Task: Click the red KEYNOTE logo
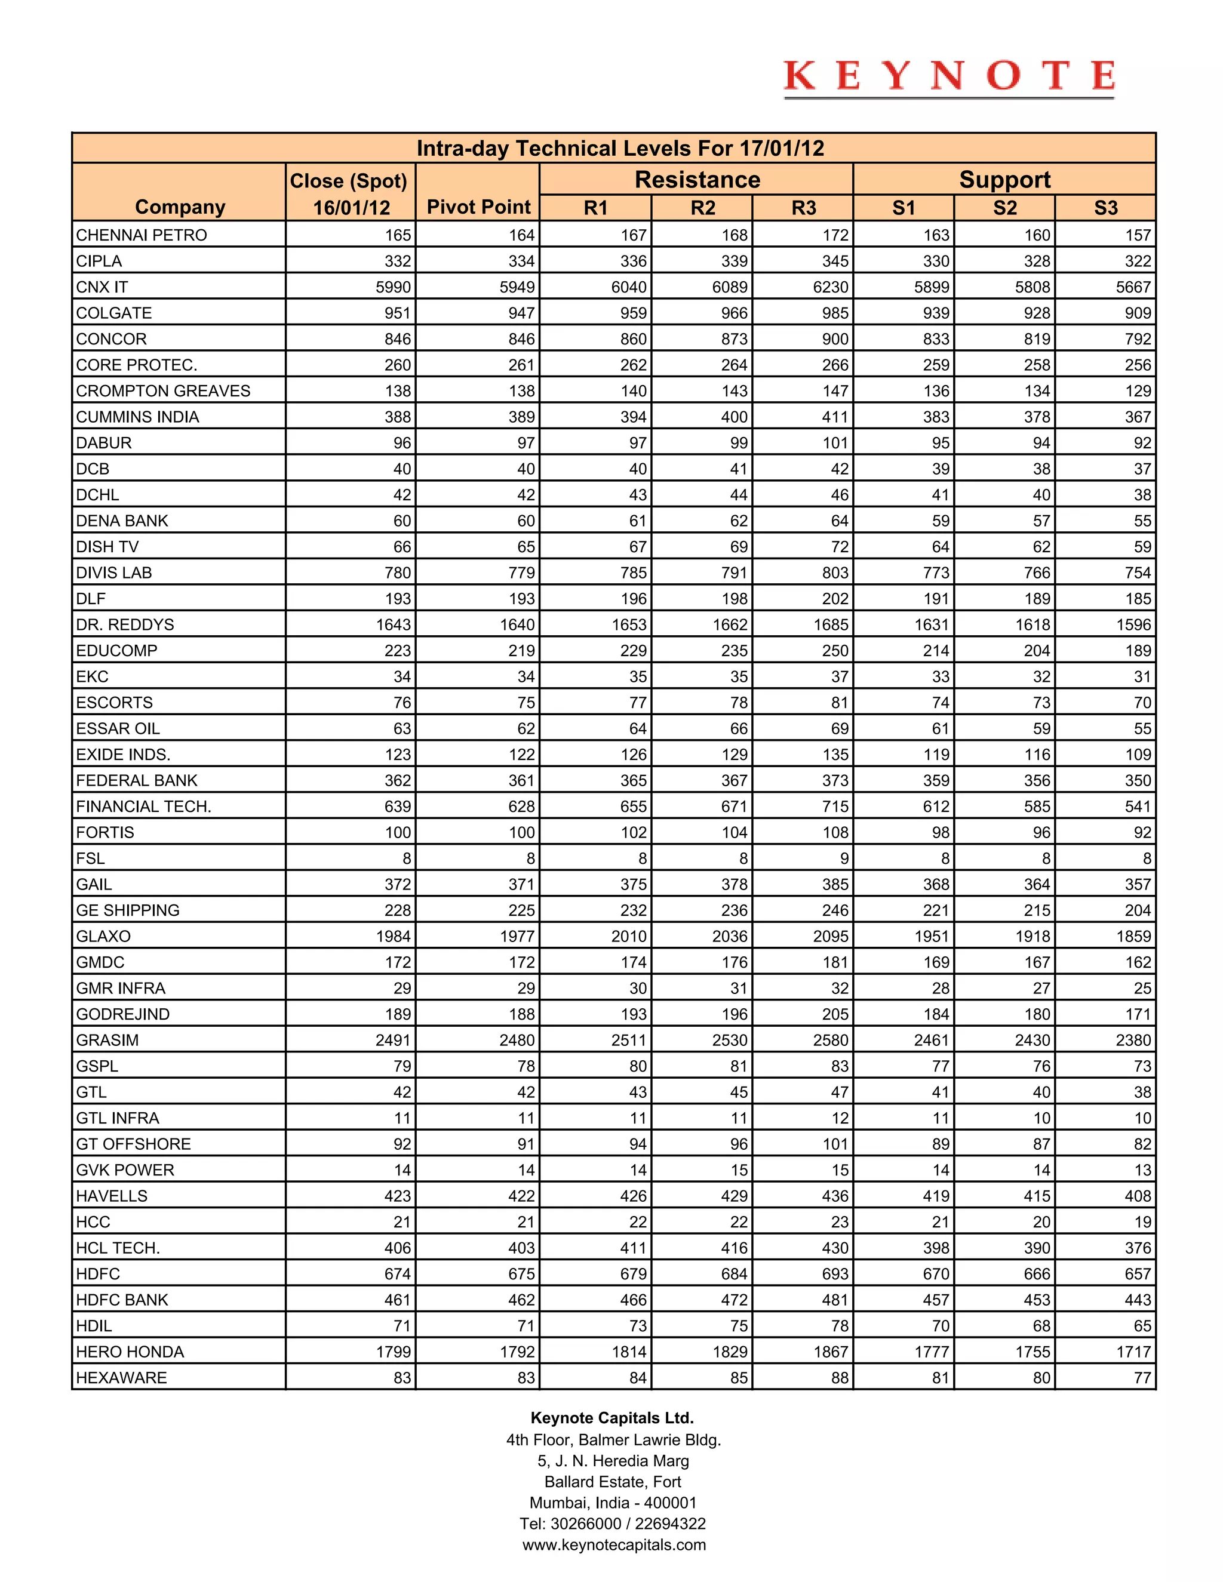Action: click(x=948, y=77)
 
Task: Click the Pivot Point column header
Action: click(x=478, y=207)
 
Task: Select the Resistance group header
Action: click(x=697, y=180)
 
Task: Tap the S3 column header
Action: click(x=1105, y=208)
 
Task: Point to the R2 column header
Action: click(x=702, y=208)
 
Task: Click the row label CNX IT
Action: click(x=102, y=287)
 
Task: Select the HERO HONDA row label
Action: click(x=130, y=1352)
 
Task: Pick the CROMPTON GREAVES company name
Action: click(x=163, y=391)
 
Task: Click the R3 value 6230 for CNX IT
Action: click(x=830, y=287)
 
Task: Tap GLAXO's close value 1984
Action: click(x=394, y=936)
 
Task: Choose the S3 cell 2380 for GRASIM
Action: click(x=1133, y=1040)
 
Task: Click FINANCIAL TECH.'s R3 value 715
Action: click(x=835, y=806)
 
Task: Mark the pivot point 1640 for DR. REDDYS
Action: click(x=517, y=624)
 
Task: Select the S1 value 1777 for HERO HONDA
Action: click(x=931, y=1352)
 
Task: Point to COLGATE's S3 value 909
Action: click(x=1138, y=313)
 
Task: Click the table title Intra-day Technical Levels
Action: click(x=620, y=149)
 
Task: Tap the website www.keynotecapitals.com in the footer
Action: click(x=614, y=1545)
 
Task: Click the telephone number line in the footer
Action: click(x=613, y=1524)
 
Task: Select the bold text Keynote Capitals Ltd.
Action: click(x=612, y=1418)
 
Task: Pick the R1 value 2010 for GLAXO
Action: click(x=628, y=936)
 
